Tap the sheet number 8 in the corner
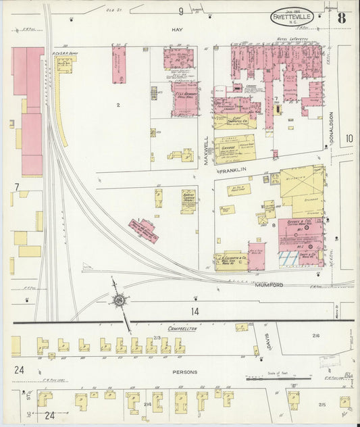pyautogui.click(x=342, y=17)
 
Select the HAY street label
pyautogui.click(x=178, y=30)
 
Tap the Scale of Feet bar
pyautogui.click(x=269, y=379)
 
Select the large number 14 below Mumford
pyautogui.click(x=195, y=311)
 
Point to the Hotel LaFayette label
pyautogui.click(x=290, y=40)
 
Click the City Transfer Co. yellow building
pyautogui.click(x=234, y=122)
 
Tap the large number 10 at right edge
pyautogui.click(x=349, y=139)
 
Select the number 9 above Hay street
pyautogui.click(x=181, y=11)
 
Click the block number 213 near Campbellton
pyautogui.click(x=157, y=336)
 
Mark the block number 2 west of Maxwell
pyautogui.click(x=118, y=105)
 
